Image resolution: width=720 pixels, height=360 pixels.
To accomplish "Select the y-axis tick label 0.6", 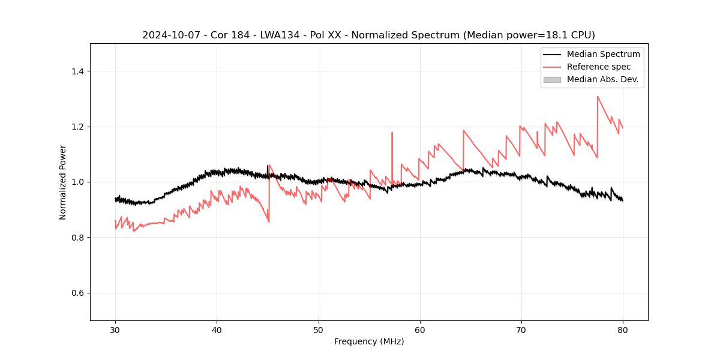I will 77,293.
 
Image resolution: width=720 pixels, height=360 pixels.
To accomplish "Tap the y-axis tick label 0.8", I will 77,238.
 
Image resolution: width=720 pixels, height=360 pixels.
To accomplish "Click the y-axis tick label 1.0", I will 77,182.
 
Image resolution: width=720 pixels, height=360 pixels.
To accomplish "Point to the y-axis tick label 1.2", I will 77,127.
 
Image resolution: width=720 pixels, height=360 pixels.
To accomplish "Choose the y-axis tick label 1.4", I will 77,71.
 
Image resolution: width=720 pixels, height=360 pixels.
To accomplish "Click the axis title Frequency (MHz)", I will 369,341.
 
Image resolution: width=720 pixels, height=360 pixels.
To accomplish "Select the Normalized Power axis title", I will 63,182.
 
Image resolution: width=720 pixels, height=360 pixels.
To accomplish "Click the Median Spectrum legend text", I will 603,54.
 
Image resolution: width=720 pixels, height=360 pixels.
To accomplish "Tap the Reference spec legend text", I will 599,67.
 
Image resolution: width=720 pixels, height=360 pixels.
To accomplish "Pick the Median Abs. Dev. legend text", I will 603,79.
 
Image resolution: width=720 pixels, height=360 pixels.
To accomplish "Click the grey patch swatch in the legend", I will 552,79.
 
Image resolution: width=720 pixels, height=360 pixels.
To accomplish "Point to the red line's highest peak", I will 598,96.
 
